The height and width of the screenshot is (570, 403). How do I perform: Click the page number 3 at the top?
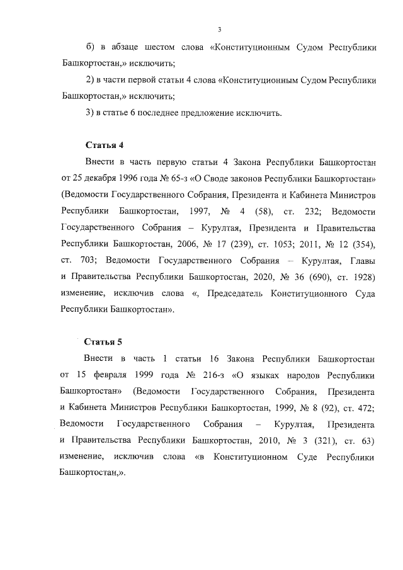pos(219,29)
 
